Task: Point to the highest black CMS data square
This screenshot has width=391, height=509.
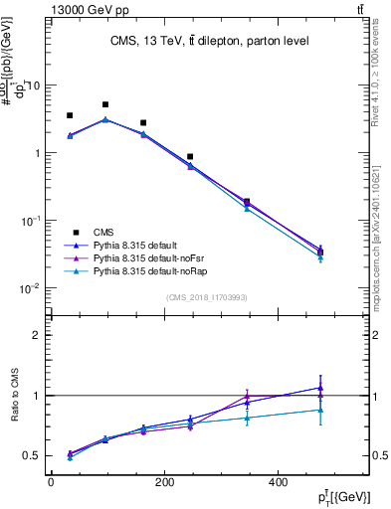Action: (105, 104)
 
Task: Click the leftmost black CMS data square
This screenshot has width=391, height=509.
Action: (70, 115)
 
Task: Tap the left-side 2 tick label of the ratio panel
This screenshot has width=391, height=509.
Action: (36, 335)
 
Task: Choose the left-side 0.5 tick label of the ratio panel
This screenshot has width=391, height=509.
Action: (31, 456)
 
